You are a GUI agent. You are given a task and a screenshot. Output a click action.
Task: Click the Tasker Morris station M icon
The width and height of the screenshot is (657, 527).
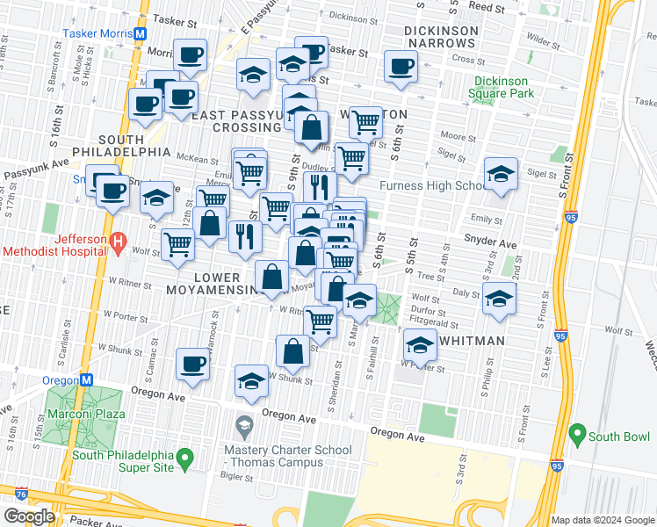pyautogui.click(x=140, y=33)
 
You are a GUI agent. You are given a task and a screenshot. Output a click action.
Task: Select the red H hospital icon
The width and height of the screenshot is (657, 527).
pyautogui.click(x=116, y=241)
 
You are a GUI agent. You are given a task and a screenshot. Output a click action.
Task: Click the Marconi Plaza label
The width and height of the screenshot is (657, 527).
pyautogui.click(x=86, y=414)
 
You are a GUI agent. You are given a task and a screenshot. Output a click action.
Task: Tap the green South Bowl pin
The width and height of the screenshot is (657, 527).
pyautogui.click(x=577, y=433)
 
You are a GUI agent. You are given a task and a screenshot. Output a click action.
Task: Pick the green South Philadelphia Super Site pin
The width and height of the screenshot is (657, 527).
pyautogui.click(x=184, y=458)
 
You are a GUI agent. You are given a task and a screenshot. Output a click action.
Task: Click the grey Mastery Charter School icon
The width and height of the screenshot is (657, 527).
pyautogui.click(x=244, y=427)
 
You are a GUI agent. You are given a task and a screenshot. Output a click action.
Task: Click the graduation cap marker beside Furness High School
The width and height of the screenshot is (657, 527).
pyautogui.click(x=500, y=174)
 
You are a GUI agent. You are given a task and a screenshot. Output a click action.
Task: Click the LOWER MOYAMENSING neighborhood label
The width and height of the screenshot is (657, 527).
pyautogui.click(x=206, y=285)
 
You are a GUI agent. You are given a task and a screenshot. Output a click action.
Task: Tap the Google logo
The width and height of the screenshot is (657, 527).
pyautogui.click(x=29, y=516)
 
